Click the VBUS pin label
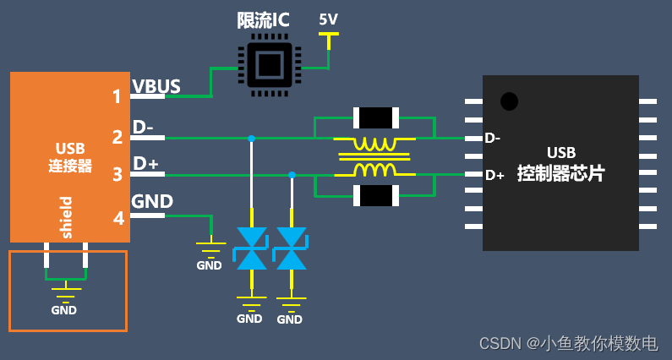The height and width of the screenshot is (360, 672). click(x=156, y=85)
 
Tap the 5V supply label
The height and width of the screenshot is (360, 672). click(x=328, y=19)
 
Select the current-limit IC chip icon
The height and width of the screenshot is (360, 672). click(x=268, y=63)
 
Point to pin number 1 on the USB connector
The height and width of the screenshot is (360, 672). click(x=117, y=96)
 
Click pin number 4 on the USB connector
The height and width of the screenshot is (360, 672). click(x=118, y=218)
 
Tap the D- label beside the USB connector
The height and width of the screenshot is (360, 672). click(x=143, y=127)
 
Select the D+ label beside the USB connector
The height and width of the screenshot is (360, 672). click(x=145, y=164)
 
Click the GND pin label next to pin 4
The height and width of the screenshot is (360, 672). click(x=153, y=201)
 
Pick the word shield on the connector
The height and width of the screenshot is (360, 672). click(x=67, y=217)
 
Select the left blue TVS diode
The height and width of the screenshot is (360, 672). click(x=252, y=248)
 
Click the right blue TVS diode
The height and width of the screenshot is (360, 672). click(x=292, y=248)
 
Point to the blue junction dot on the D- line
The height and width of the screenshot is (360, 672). click(x=252, y=138)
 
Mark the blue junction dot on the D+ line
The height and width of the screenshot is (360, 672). click(x=292, y=175)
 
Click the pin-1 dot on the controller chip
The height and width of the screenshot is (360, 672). click(x=509, y=101)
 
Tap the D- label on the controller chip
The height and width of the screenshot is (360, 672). click(x=493, y=138)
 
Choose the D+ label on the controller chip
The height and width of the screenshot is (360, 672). click(x=494, y=175)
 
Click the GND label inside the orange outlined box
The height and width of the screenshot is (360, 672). click(x=63, y=310)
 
